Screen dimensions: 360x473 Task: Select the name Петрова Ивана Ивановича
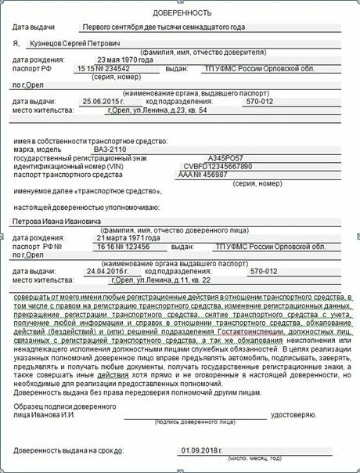59,221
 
